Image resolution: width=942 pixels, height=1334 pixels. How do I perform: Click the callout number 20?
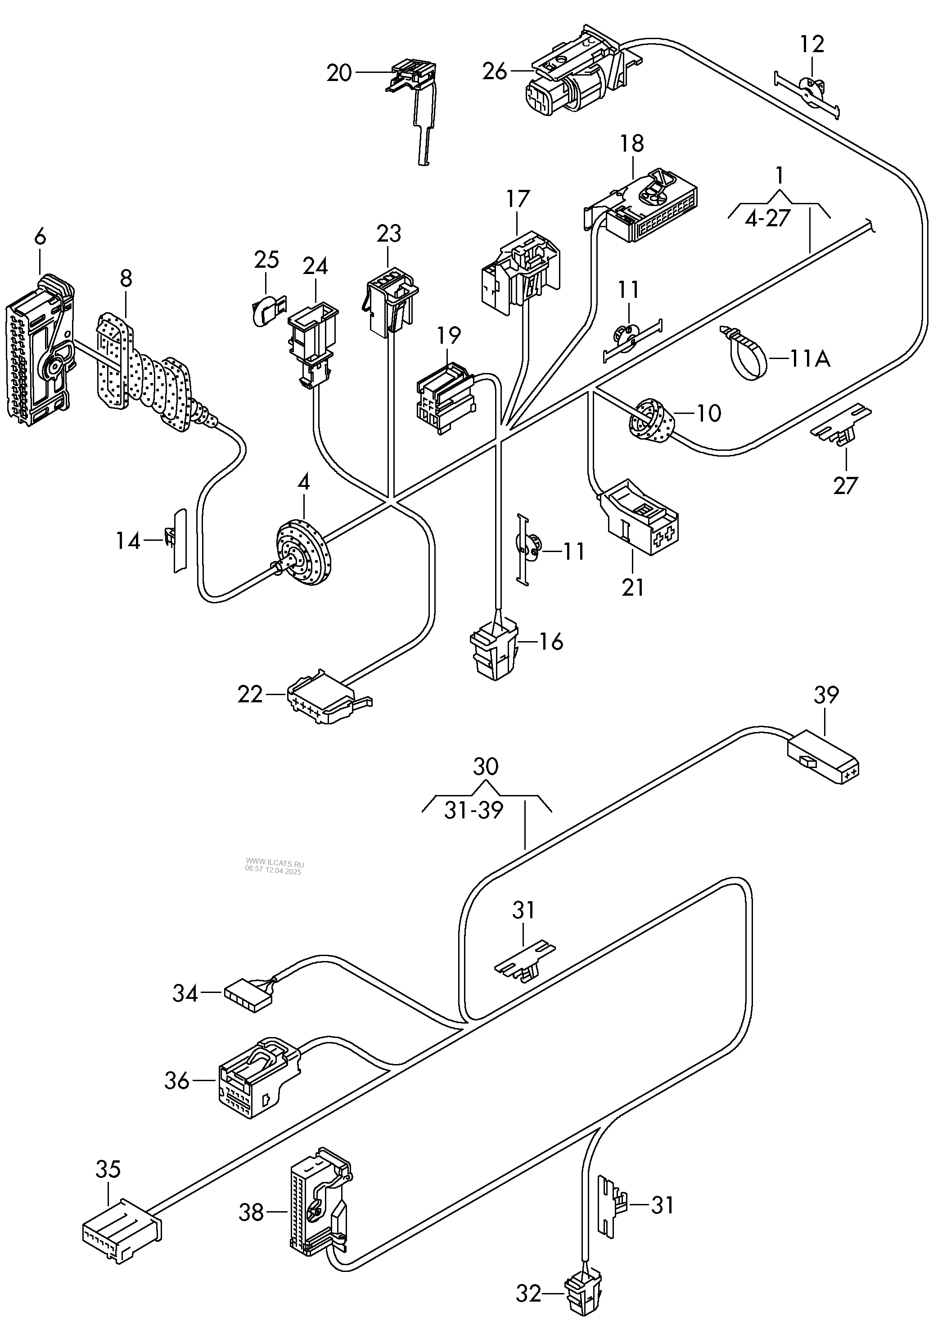pos(339,73)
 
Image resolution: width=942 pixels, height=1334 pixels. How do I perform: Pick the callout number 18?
pos(632,143)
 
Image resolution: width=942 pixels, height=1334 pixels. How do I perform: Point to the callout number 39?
pos(826,695)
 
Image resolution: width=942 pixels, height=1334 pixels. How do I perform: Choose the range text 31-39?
pos(473,810)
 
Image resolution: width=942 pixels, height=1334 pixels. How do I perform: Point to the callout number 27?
pos(846,485)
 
